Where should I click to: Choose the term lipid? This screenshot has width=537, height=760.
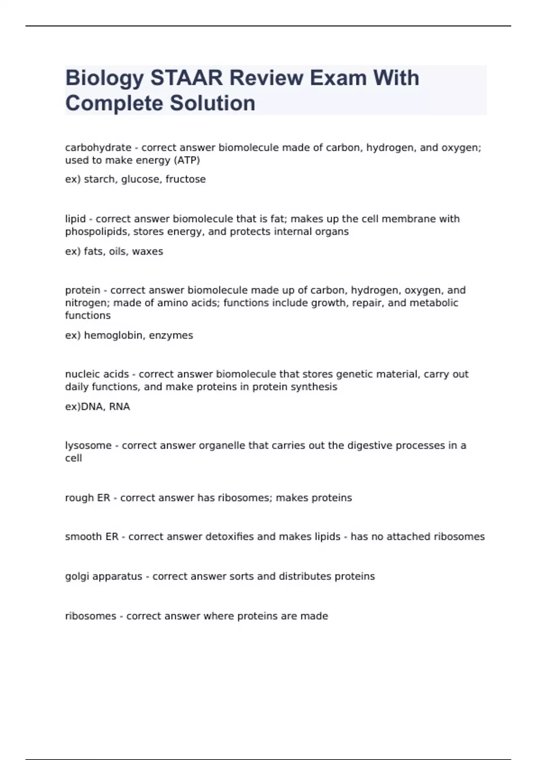tap(75, 219)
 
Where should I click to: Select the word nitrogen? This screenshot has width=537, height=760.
tap(87, 303)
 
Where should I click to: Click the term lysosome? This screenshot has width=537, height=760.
tap(88, 446)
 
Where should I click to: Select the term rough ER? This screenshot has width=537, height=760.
tap(87, 498)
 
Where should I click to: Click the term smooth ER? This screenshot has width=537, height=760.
tap(92, 536)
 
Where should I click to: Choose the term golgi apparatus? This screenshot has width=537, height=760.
tap(103, 576)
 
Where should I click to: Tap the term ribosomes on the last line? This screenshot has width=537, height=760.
tap(90, 616)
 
